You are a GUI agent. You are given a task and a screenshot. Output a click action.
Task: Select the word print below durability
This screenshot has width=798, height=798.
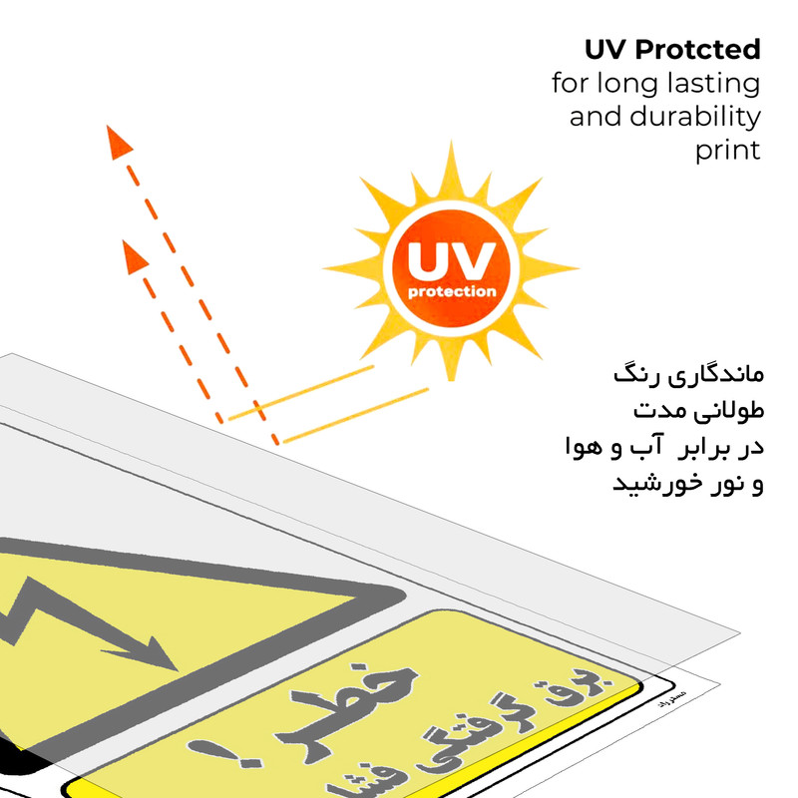727,151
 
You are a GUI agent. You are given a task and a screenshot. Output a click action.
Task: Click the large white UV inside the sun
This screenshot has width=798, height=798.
451,261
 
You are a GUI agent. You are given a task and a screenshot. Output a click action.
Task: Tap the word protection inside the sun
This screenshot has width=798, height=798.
452,292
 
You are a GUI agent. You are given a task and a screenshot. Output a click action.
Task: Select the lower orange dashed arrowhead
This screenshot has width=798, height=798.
135,256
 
